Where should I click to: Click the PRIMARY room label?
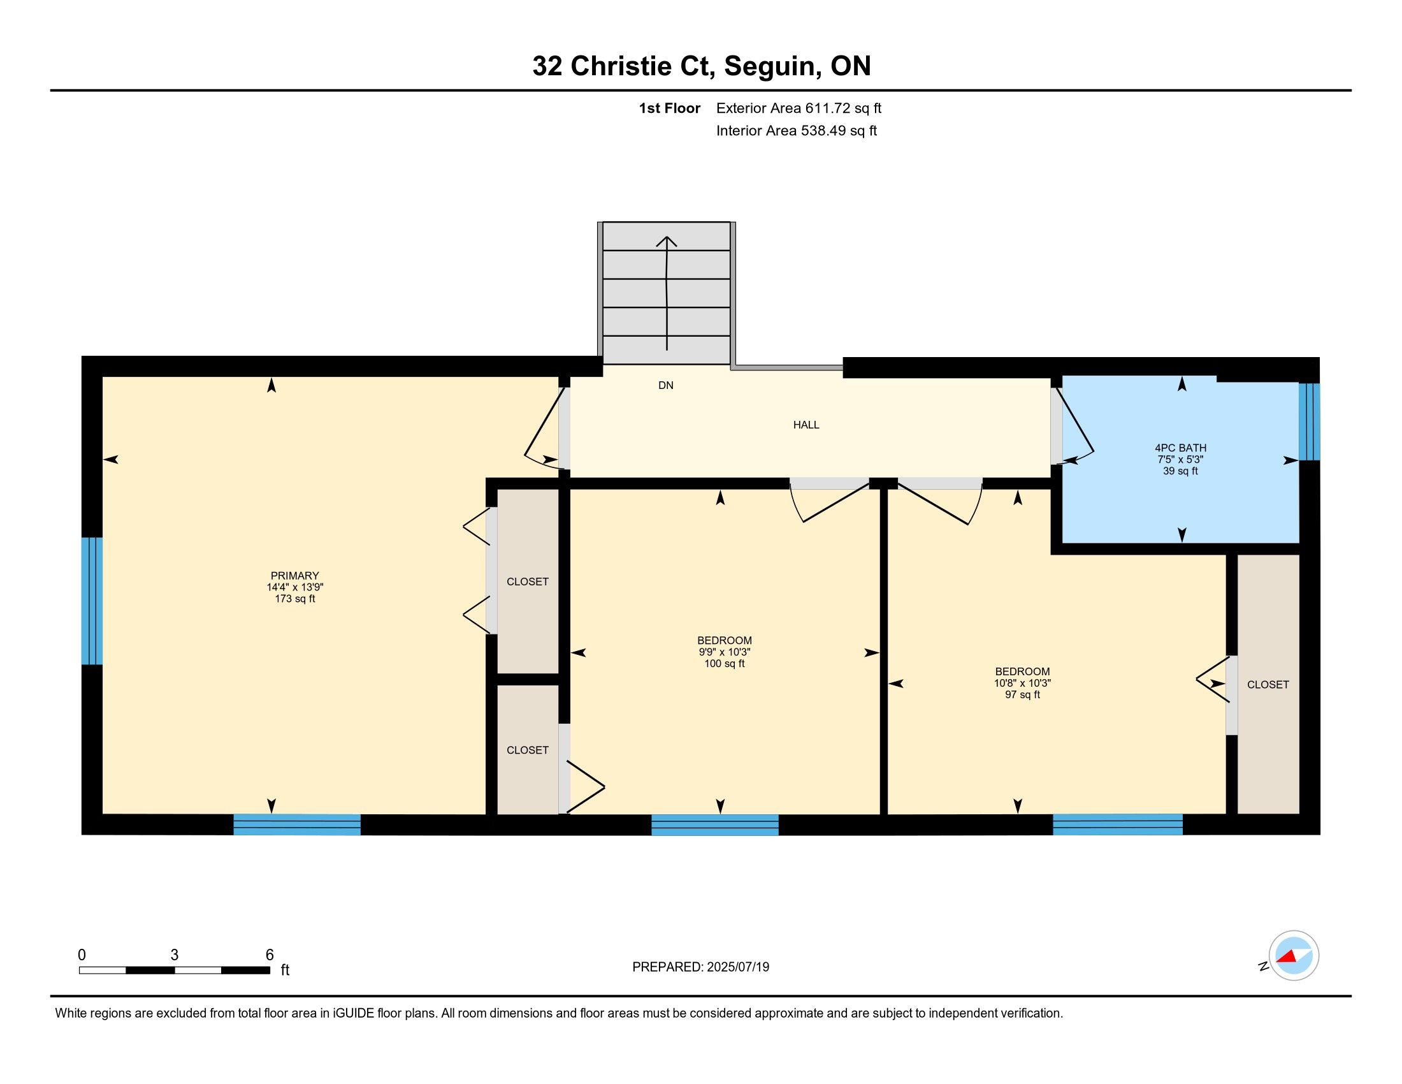coord(294,576)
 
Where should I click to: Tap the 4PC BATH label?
coord(1180,448)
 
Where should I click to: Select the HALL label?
coord(806,425)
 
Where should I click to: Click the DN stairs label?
coord(666,385)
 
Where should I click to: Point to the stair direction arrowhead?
coord(667,242)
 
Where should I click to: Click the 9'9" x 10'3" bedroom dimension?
coord(724,652)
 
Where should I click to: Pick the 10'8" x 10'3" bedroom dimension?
coord(1023,684)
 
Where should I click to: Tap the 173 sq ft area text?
coord(294,599)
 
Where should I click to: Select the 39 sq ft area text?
coord(1180,471)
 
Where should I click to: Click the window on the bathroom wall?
coord(1309,422)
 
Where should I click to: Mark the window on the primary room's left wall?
coord(92,601)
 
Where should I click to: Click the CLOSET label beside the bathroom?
coord(1268,685)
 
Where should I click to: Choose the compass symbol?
coord(1293,955)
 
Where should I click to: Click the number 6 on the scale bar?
coord(270,955)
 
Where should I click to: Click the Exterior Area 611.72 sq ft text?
coord(799,108)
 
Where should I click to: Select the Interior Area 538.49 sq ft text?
coord(796,131)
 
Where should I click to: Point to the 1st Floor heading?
coord(669,108)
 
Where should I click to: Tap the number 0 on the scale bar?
coord(82,955)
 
